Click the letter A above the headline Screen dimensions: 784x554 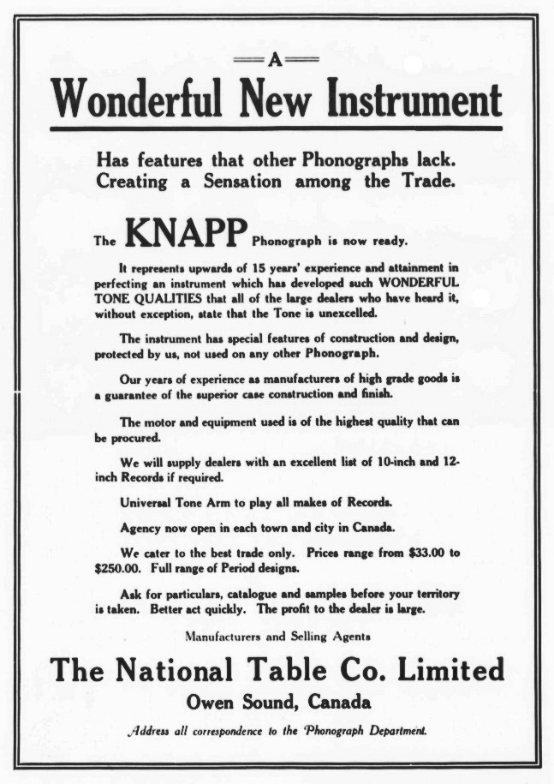[276, 59]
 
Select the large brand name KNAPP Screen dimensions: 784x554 [186, 230]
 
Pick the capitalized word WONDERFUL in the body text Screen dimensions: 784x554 [417, 282]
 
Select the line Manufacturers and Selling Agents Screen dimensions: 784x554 [277, 636]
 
